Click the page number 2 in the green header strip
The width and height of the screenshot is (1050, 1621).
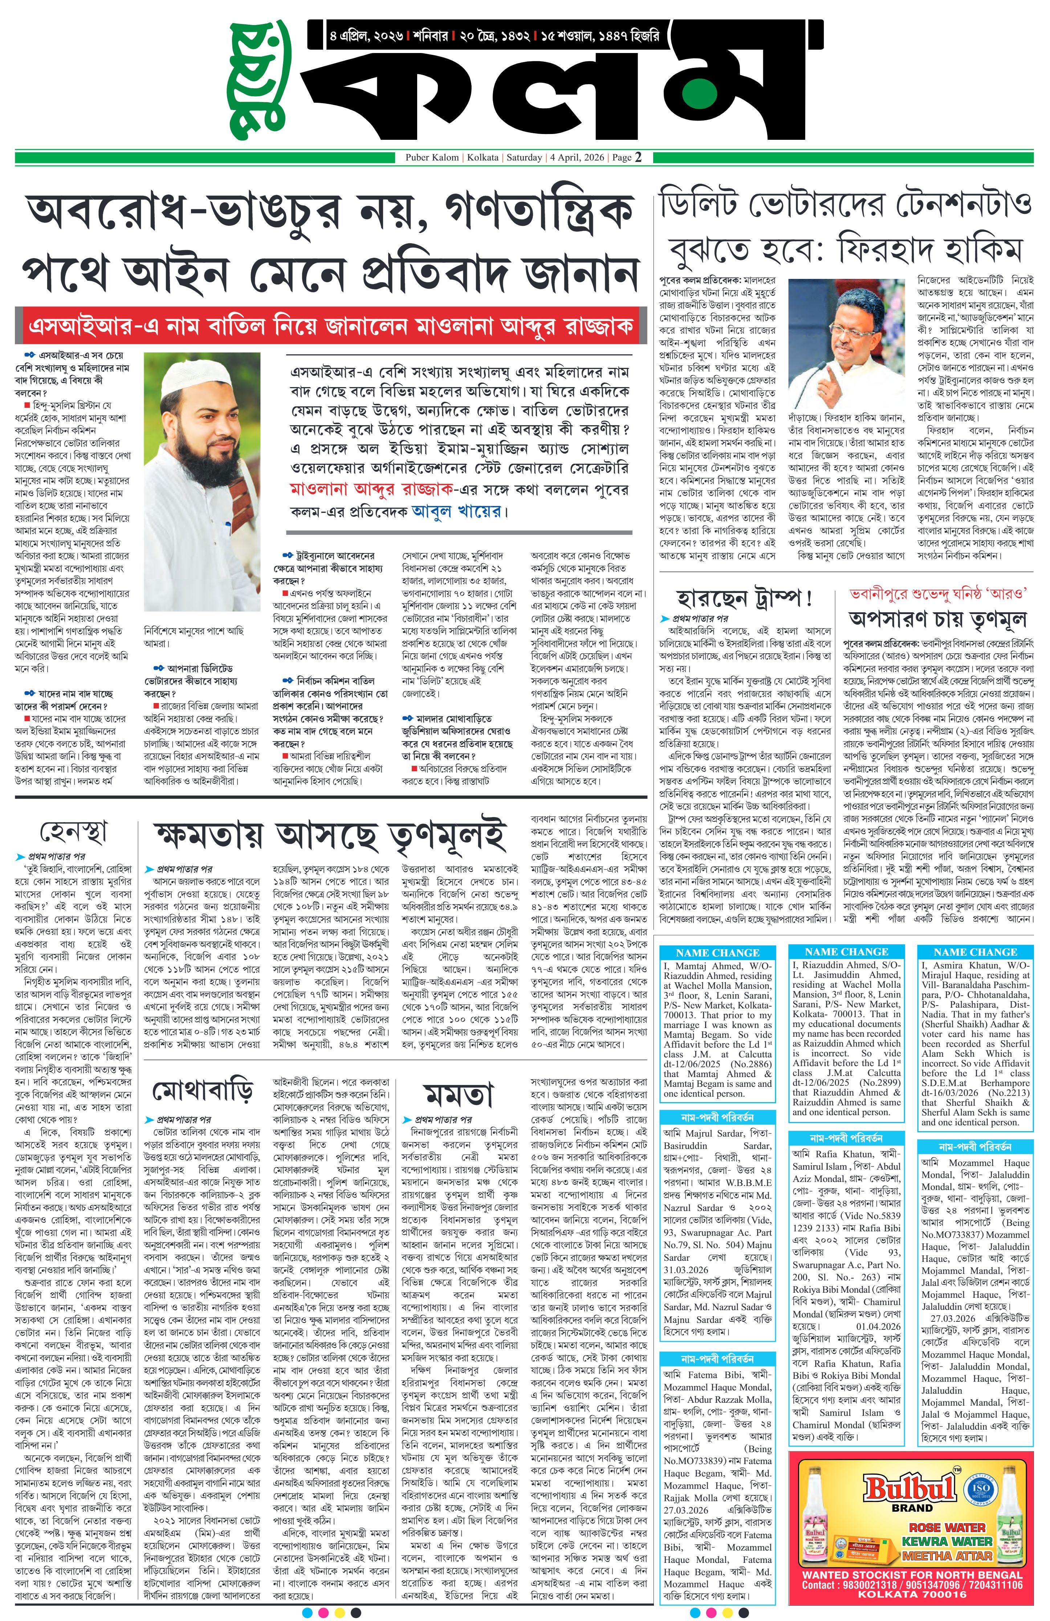638,157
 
